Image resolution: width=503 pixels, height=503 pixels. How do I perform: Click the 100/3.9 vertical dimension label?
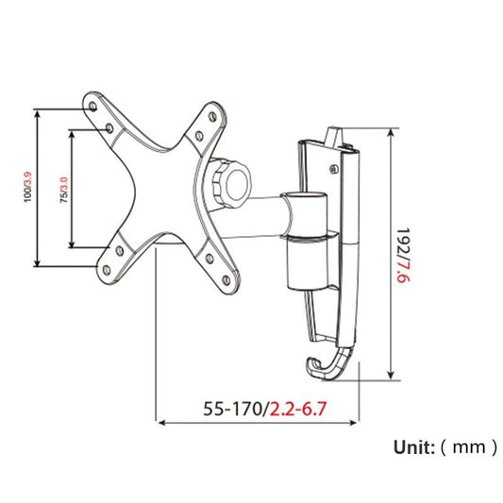click(x=29, y=187)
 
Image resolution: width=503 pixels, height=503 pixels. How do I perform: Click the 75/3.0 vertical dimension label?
click(x=63, y=188)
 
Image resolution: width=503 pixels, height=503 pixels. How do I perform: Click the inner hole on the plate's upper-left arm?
click(x=111, y=125)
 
